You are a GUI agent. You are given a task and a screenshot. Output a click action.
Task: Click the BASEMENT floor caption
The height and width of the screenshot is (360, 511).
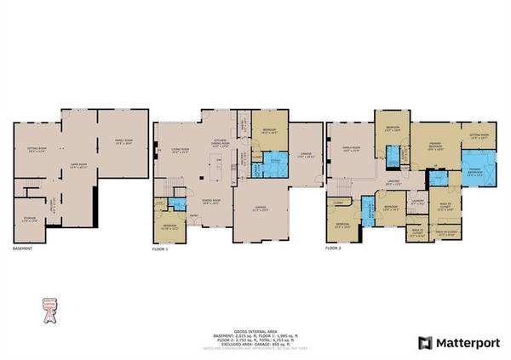(23, 249)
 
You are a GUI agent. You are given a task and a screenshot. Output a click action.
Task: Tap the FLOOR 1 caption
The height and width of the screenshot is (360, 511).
(160, 249)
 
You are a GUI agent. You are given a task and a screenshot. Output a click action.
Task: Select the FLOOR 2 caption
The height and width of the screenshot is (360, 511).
(335, 249)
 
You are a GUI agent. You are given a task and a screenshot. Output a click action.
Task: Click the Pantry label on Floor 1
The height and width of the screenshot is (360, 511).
(244, 129)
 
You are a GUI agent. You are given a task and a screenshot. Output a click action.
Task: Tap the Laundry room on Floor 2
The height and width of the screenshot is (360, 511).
(416, 204)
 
